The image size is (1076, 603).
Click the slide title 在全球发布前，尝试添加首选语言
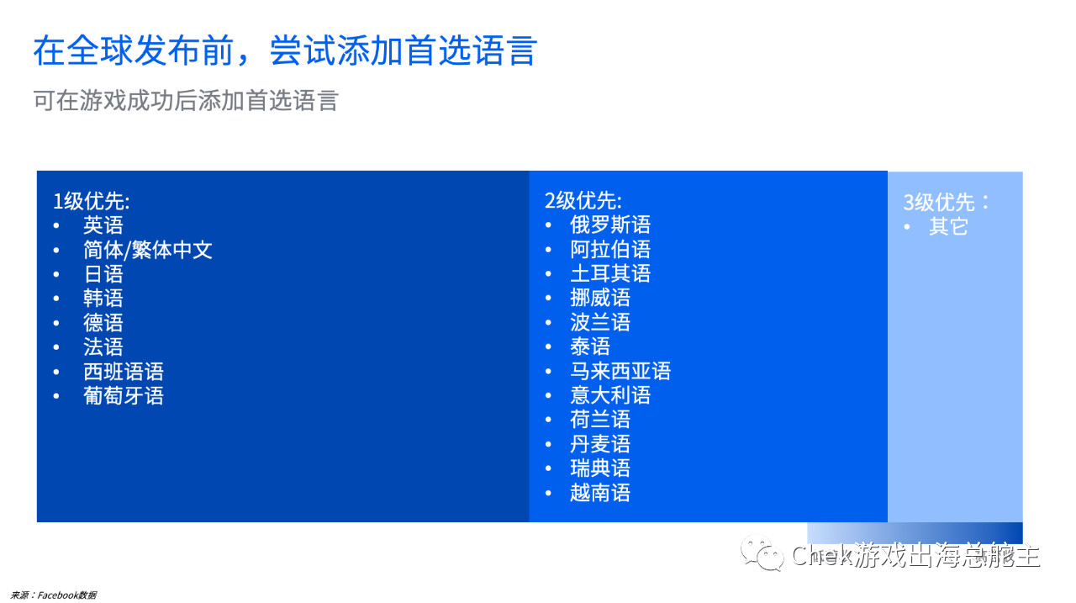pyautogui.click(x=284, y=51)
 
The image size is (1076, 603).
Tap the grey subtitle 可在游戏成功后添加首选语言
pyautogui.click(x=185, y=101)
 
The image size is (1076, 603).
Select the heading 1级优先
pyautogui.click(x=92, y=201)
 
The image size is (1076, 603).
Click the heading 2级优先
pyautogui.click(x=583, y=201)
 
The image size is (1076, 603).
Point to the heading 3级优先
pyautogui.click(x=947, y=203)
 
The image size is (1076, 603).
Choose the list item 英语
pyautogui.click(x=103, y=225)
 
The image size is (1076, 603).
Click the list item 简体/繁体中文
pyautogui.click(x=147, y=250)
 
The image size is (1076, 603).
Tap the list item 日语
pyautogui.click(x=103, y=274)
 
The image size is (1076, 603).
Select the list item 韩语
pyautogui.click(x=103, y=299)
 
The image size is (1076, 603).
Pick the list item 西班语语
pyautogui.click(x=123, y=372)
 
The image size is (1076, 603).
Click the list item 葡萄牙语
pyautogui.click(x=123, y=396)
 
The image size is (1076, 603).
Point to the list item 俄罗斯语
pyautogui.click(x=610, y=225)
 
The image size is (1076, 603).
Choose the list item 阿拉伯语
pyautogui.click(x=610, y=250)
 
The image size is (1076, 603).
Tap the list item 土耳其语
pyautogui.click(x=610, y=274)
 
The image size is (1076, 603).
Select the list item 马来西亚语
pyautogui.click(x=620, y=372)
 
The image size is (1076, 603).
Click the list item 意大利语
pyautogui.click(x=610, y=396)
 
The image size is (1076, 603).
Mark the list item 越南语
pyautogui.click(x=600, y=494)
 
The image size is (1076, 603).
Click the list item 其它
pyautogui.click(x=948, y=227)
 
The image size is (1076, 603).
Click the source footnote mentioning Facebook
pyautogui.click(x=54, y=595)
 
